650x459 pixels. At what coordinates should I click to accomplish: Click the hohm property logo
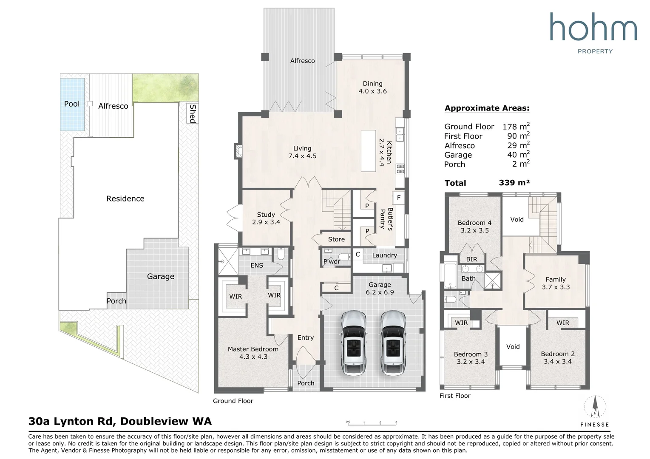[593, 32]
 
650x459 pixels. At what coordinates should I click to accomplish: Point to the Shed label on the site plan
[193, 113]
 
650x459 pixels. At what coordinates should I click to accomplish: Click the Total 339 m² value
[514, 183]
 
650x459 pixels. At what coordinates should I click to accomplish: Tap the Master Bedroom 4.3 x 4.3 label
[253, 353]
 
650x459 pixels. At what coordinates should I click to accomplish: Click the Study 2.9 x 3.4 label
[266, 218]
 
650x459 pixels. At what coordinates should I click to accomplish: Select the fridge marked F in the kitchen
[398, 198]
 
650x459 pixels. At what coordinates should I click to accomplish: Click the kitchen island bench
[368, 151]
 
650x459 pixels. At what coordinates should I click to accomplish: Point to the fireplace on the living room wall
[238, 151]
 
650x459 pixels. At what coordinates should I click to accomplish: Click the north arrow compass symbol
[595, 408]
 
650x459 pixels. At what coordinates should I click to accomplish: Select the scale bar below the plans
[372, 422]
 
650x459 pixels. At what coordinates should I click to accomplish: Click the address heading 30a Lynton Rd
[120, 421]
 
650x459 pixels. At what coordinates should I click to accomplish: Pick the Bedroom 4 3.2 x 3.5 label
[474, 227]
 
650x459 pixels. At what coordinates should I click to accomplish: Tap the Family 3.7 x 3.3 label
[556, 283]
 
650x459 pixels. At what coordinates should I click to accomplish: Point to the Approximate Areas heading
[487, 108]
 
